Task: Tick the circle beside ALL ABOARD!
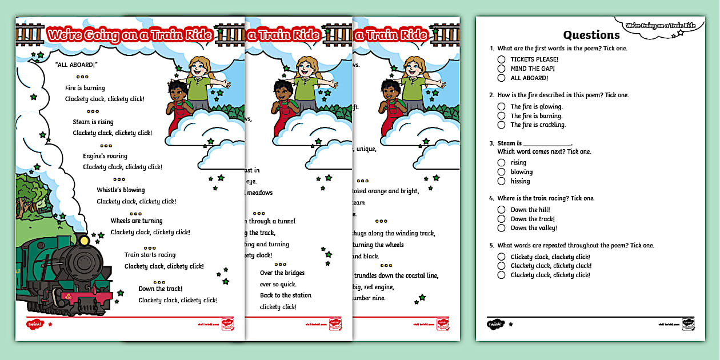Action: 501,78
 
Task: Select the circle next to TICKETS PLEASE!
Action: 501,59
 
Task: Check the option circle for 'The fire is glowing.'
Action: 501,106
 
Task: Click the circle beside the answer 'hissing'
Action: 501,181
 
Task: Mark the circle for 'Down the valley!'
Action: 501,228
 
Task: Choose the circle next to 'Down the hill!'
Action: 501,210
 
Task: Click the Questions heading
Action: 591,35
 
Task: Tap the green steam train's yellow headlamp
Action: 85,241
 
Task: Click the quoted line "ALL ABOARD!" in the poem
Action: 77,65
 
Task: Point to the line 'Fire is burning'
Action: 85,88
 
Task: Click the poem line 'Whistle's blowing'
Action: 121,190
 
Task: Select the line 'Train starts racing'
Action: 150,255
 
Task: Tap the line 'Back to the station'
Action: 286,295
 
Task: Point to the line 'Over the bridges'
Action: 282,273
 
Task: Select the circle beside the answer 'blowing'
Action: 501,172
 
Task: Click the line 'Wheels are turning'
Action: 136,221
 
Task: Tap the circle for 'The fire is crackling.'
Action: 501,125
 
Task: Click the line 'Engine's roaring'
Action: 105,156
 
